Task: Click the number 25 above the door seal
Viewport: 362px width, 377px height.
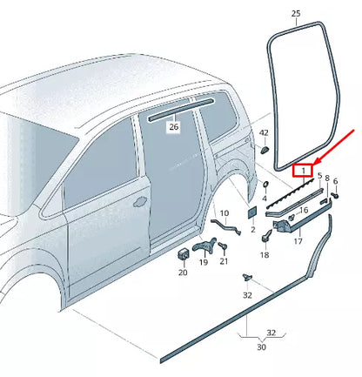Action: pyautogui.click(x=296, y=14)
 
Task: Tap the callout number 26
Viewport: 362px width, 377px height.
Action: pyautogui.click(x=173, y=126)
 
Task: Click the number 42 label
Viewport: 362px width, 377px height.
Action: pyautogui.click(x=265, y=134)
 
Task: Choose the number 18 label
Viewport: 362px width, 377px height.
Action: pyautogui.click(x=265, y=255)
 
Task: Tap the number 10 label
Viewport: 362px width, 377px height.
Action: pyautogui.click(x=225, y=212)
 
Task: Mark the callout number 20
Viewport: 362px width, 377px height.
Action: pyautogui.click(x=183, y=272)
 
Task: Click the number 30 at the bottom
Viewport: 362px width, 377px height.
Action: pyautogui.click(x=260, y=347)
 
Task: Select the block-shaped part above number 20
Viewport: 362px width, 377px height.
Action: pyautogui.click(x=184, y=253)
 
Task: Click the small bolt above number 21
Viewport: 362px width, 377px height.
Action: pyautogui.click(x=223, y=246)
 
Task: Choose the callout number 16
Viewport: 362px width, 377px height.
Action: pyautogui.click(x=304, y=210)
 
